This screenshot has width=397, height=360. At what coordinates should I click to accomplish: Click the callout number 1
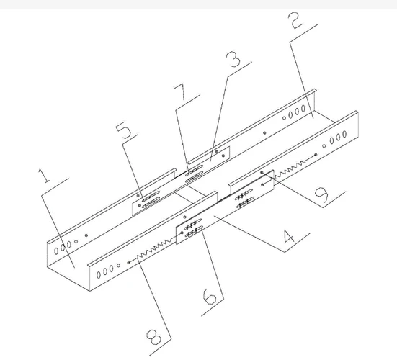pyautogui.click(x=44, y=176)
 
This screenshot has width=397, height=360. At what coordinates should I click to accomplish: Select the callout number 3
pyautogui.click(x=233, y=59)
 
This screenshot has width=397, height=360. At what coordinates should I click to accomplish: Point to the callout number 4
pyautogui.click(x=288, y=236)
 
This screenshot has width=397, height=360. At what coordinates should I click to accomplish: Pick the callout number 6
pyautogui.click(x=210, y=297)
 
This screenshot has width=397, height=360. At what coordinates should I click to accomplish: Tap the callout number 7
pyautogui.click(x=180, y=91)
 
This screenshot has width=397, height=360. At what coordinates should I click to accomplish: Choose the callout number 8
pyautogui.click(x=153, y=337)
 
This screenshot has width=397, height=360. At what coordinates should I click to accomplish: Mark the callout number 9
pyautogui.click(x=321, y=195)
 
